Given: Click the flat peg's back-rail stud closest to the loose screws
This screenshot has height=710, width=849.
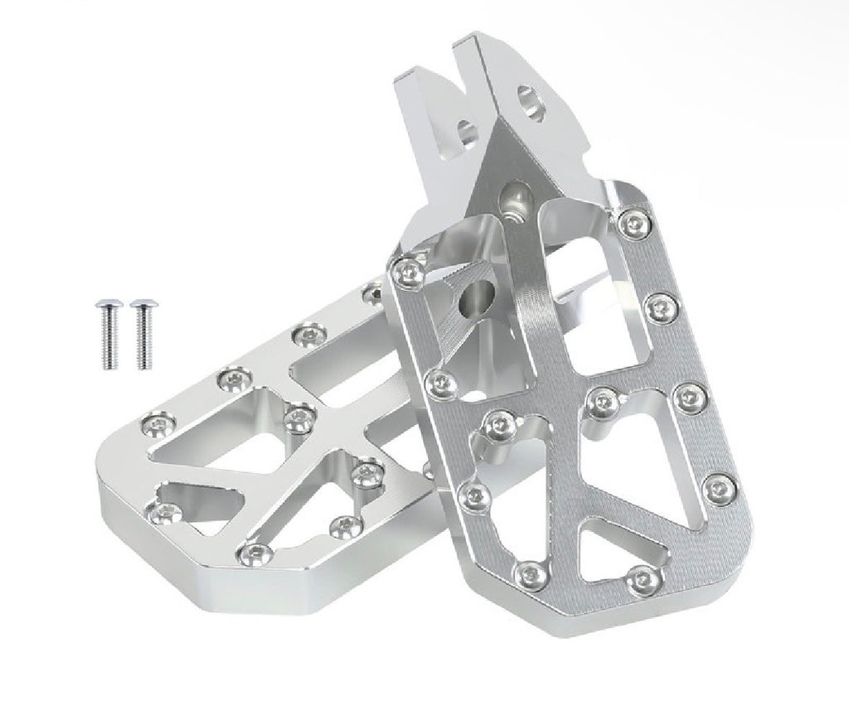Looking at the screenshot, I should [309, 333].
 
